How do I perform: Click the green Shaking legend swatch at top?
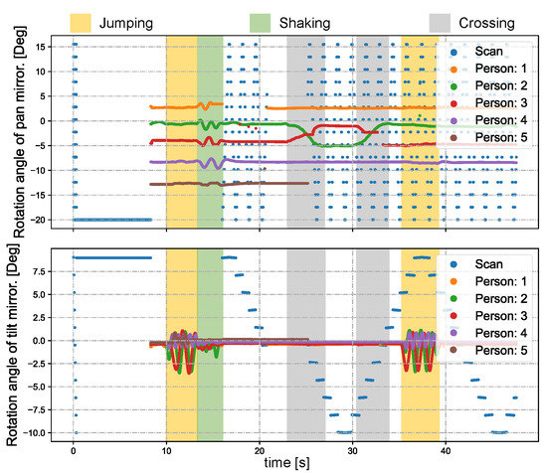point(263,20)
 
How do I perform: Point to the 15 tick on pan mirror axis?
point(45,47)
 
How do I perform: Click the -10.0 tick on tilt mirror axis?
point(39,433)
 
